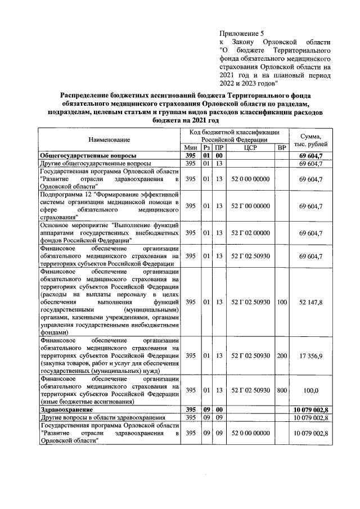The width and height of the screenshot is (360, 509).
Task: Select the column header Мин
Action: [190, 147]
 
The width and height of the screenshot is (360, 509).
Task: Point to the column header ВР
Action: [281, 147]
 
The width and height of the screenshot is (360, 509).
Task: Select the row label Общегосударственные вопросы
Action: [88, 156]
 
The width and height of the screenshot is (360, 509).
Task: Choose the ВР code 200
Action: [281, 355]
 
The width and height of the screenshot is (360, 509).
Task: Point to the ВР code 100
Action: [281, 302]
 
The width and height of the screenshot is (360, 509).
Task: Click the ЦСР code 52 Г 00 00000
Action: [250, 206]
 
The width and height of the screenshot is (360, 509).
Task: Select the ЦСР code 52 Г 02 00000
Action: [250, 233]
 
